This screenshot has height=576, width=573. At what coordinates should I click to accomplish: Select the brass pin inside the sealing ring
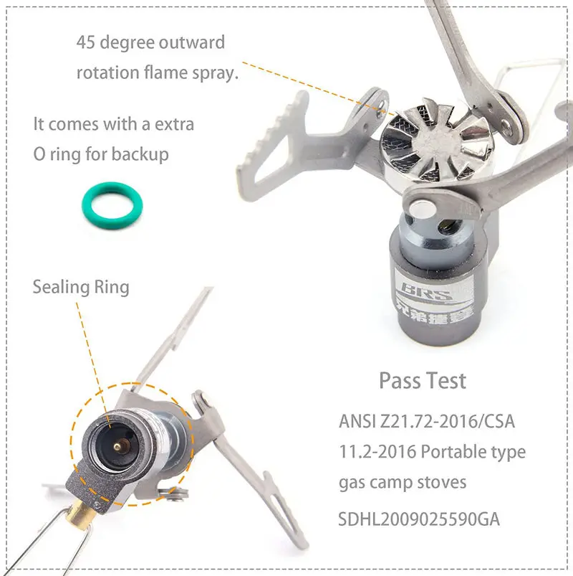114,446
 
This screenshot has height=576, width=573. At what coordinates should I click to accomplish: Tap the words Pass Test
422,380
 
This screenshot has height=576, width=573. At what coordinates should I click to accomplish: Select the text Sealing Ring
81,287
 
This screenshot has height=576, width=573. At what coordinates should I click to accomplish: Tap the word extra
172,123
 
